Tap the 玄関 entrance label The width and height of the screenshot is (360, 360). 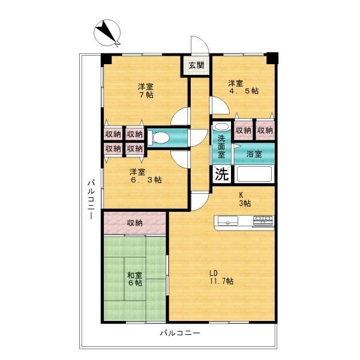(x=196, y=65)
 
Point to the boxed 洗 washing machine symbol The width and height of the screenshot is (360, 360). (x=221, y=175)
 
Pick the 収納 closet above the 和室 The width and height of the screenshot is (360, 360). (x=134, y=223)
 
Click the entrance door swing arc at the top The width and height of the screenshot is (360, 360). (x=199, y=45)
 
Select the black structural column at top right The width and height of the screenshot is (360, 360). (x=273, y=58)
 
